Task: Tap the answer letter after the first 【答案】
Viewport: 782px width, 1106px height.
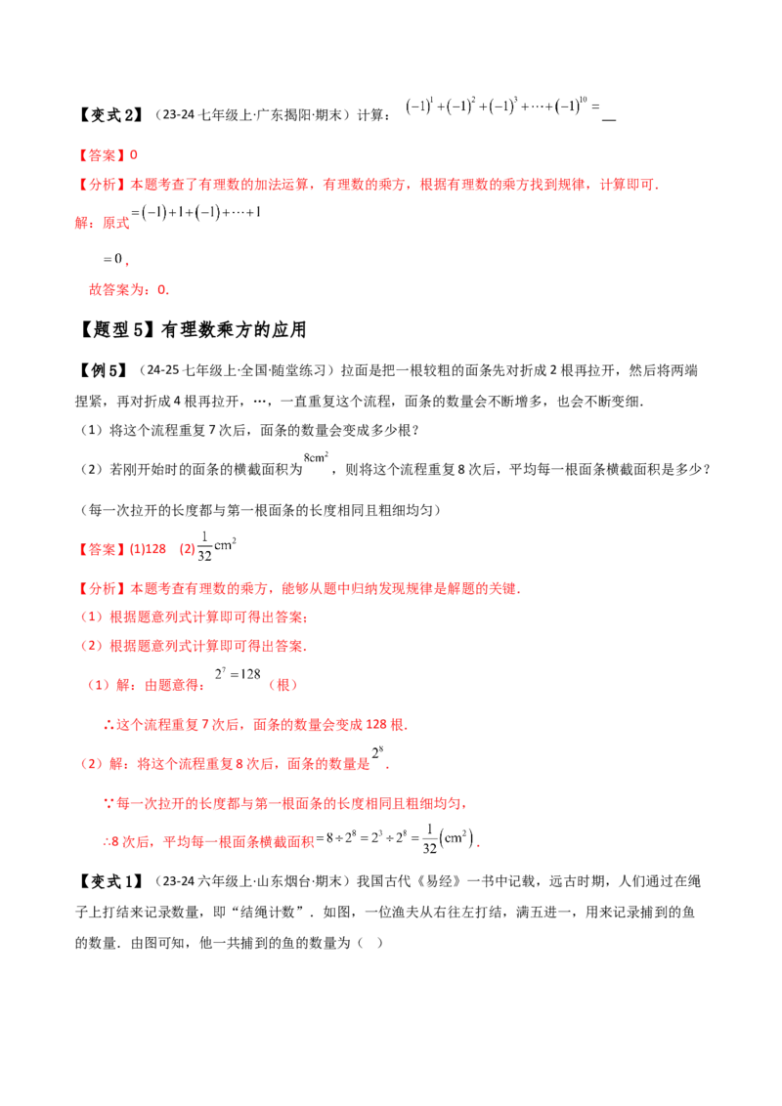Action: (x=136, y=155)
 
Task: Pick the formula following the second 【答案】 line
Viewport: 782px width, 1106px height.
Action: (x=217, y=547)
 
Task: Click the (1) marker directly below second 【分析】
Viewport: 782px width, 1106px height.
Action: (x=91, y=617)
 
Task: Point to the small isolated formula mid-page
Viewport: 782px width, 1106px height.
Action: (x=318, y=456)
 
